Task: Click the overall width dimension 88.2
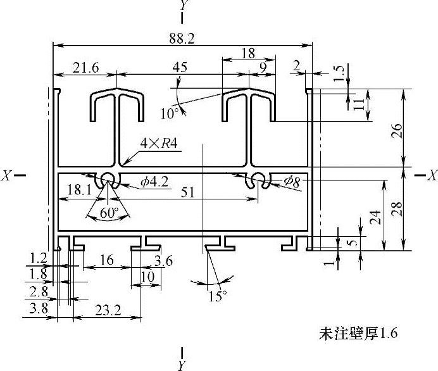point(182,39)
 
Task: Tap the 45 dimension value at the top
point(180,68)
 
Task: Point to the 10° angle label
point(169,114)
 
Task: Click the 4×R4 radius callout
point(160,143)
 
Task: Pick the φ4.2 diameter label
point(155,182)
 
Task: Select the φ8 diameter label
point(292,181)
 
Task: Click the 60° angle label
point(110,214)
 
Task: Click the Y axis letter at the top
point(183,6)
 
